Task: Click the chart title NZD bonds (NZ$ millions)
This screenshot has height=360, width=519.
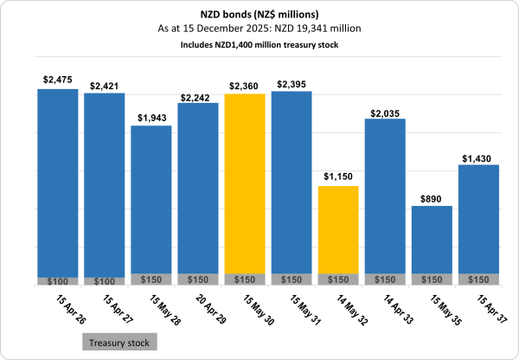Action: [259, 14]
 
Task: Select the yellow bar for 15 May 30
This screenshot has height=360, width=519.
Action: [245, 182]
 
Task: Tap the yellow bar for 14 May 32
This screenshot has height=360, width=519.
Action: [338, 229]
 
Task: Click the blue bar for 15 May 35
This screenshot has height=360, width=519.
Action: [432, 238]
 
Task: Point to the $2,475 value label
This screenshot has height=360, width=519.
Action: [57, 80]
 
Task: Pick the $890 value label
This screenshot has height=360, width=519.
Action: [432, 197]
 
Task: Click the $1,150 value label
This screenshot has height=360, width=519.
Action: [338, 177]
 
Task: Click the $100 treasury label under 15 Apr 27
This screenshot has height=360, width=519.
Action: [104, 281]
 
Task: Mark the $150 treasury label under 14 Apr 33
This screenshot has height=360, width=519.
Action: [385, 280]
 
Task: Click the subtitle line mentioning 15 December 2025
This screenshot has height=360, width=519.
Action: [259, 29]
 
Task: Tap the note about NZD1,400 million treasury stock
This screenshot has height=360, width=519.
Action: [259, 43]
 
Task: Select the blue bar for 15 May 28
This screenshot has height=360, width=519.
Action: [151, 199]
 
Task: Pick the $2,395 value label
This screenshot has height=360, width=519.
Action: [292, 83]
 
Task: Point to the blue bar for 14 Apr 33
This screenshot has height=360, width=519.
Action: [385, 195]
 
